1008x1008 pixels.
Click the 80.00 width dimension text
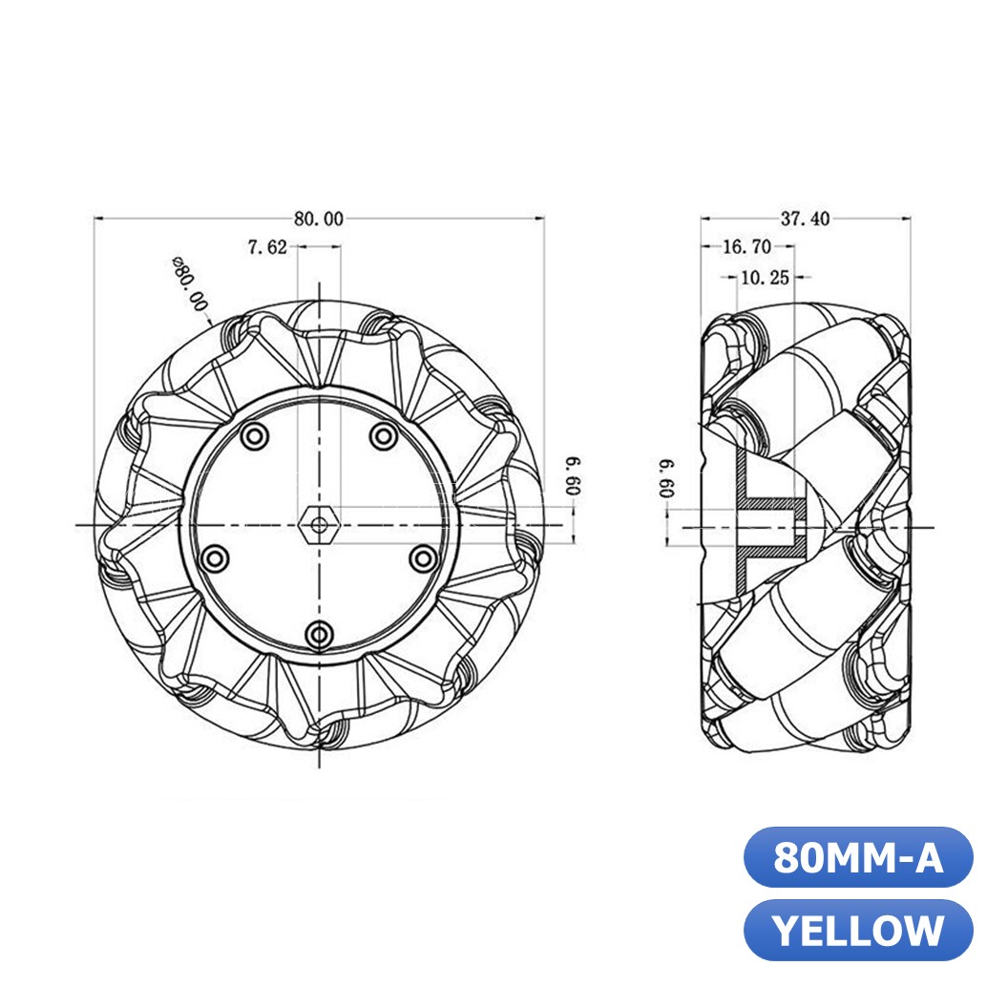[x=318, y=219]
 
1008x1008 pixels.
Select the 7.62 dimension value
[x=267, y=247]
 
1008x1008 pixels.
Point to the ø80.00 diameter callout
[x=189, y=284]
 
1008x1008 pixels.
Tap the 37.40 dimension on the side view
[x=805, y=219]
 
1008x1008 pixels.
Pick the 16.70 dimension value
[x=746, y=247]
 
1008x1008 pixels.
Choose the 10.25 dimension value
[x=764, y=278]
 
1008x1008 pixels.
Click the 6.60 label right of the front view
[x=572, y=474]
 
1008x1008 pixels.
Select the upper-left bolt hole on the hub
[x=254, y=437]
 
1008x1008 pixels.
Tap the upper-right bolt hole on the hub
[x=384, y=437]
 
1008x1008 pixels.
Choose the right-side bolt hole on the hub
[x=421, y=556]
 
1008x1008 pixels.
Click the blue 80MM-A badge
[x=857, y=857]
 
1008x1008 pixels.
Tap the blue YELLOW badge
[x=857, y=930]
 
